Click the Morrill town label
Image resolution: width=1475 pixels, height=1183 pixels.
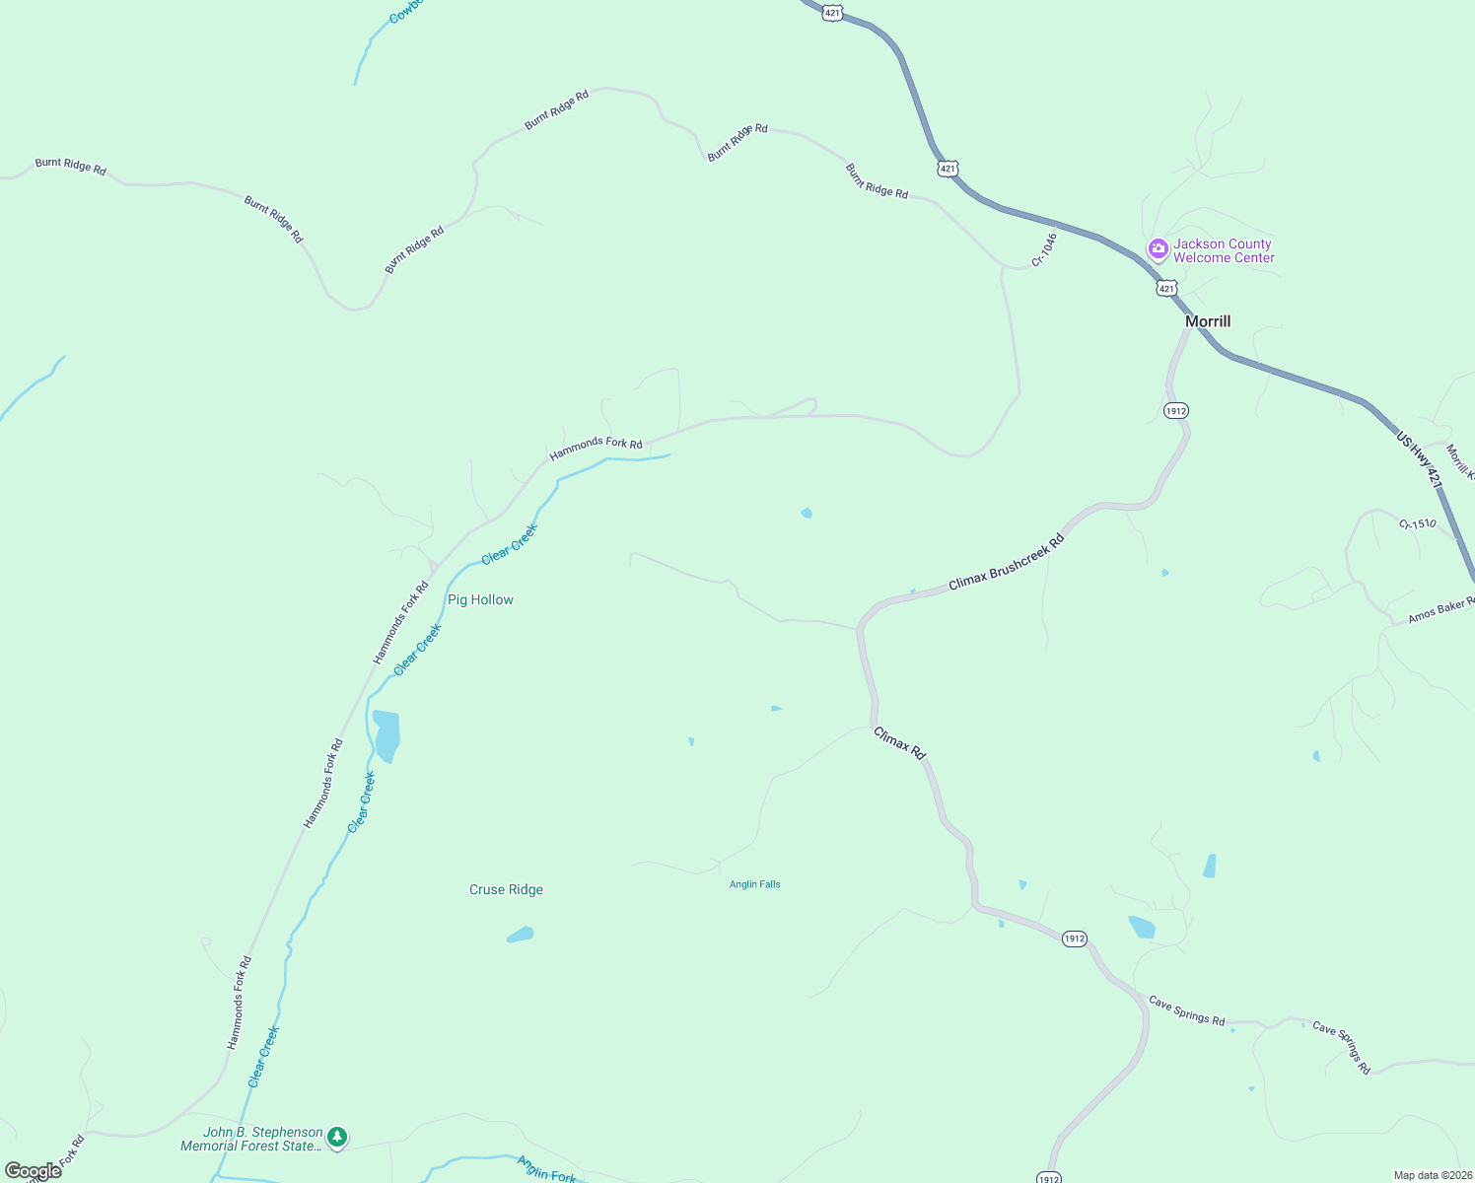pos(1208,321)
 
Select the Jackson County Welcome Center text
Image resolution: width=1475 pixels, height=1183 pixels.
pos(1223,250)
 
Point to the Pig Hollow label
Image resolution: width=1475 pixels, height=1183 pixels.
pos(480,599)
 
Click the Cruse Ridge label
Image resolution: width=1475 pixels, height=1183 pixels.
pos(506,889)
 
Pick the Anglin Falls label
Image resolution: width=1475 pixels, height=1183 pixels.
pos(754,884)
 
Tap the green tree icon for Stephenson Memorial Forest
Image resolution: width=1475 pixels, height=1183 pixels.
pos(337,1138)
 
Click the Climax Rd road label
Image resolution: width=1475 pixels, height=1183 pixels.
pos(900,743)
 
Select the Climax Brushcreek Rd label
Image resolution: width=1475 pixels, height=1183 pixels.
pos(1007,563)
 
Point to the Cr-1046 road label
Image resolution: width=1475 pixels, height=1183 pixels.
pos(1044,249)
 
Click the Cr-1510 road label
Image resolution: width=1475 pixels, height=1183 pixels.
pos(1417,523)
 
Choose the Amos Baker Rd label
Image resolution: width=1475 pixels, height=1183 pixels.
pos(1440,610)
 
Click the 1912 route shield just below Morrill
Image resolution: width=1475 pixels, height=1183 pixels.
pos(1175,410)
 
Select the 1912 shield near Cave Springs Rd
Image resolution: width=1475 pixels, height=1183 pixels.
pos(1075,939)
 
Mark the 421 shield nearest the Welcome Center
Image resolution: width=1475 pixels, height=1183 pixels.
pos(1166,288)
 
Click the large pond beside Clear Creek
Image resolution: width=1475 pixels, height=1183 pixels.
pos(386,735)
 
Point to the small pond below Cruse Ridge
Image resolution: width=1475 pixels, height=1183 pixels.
pos(520,935)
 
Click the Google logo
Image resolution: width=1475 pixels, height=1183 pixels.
pos(33,1171)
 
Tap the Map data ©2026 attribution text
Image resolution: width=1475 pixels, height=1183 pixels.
pos(1432,1175)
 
